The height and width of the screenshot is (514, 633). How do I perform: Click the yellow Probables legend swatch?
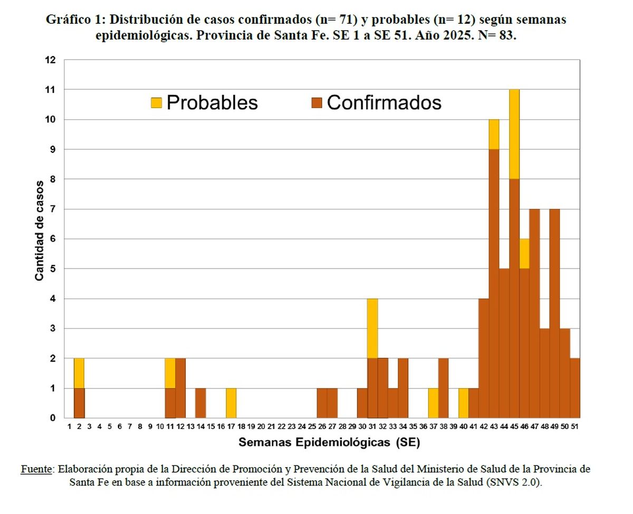click(x=156, y=103)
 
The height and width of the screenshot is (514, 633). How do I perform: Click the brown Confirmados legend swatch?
click(x=316, y=103)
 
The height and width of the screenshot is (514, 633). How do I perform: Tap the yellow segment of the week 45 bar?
click(x=514, y=134)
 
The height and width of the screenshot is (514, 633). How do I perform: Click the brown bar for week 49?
click(x=554, y=313)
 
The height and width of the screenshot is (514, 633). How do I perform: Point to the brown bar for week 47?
click(x=534, y=313)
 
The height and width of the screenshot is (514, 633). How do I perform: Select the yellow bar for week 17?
click(x=231, y=403)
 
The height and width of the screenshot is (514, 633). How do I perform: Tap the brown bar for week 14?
click(x=200, y=403)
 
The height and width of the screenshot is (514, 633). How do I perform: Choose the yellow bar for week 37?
click(x=433, y=403)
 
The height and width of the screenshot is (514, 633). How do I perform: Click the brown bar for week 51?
click(x=575, y=388)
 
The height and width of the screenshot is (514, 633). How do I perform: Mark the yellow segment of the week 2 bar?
click(x=79, y=373)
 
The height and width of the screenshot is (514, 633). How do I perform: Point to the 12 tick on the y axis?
click(x=50, y=60)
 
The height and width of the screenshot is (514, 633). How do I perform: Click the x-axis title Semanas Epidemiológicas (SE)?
click(x=329, y=443)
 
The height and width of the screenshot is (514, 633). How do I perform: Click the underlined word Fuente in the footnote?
click(x=36, y=469)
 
